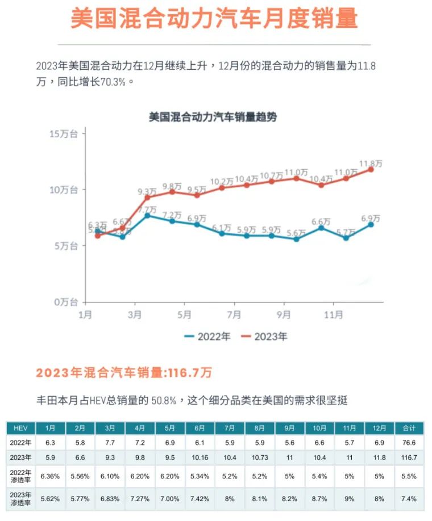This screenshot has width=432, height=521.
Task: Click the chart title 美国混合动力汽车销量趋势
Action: pyautogui.click(x=213, y=117)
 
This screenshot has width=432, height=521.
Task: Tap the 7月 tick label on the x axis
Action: pyautogui.click(x=234, y=314)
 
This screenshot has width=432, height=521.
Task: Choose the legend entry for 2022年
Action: pyautogui.click(x=207, y=337)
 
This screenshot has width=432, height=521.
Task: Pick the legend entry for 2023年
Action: pyautogui.click(x=264, y=337)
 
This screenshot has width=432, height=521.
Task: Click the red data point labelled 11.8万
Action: pyautogui.click(x=371, y=169)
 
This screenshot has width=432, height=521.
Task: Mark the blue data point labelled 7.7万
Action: pyautogui.click(x=147, y=215)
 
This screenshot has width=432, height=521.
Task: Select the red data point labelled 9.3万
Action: pyautogui.click(x=147, y=198)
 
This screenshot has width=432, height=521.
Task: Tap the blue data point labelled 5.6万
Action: pyautogui.click(x=297, y=239)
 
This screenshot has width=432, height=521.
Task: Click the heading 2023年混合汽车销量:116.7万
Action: pyautogui.click(x=124, y=373)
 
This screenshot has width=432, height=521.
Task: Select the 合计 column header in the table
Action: pyautogui.click(x=409, y=428)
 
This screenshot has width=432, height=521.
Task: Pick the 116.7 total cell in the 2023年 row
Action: pyautogui.click(x=409, y=457)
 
